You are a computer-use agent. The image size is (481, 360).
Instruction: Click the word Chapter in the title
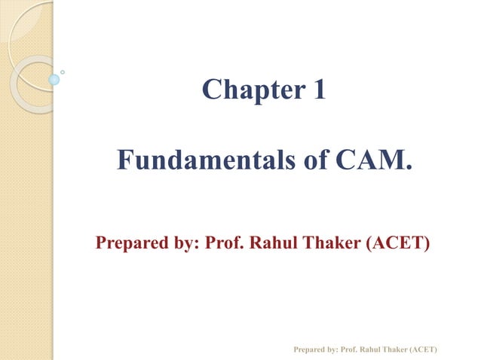[x=247, y=91]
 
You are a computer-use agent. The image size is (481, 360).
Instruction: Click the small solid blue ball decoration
[x=54, y=79]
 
